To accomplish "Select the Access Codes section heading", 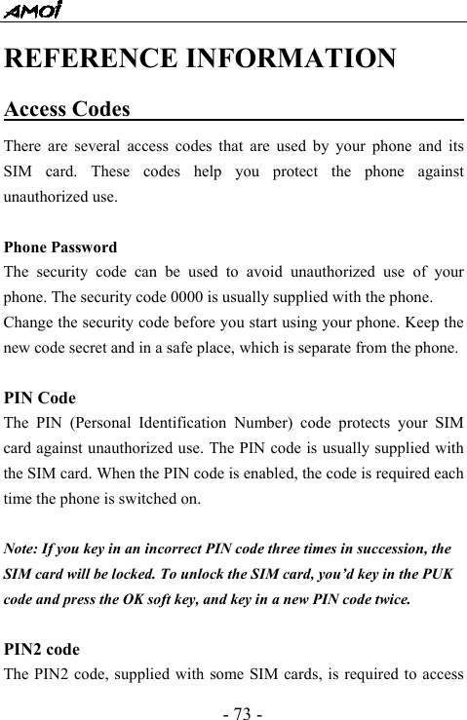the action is point(67,108).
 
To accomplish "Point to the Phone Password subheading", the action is point(60,247).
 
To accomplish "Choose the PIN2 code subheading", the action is point(42,647).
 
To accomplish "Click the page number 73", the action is point(233,701).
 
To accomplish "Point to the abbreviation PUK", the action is point(439,574).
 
